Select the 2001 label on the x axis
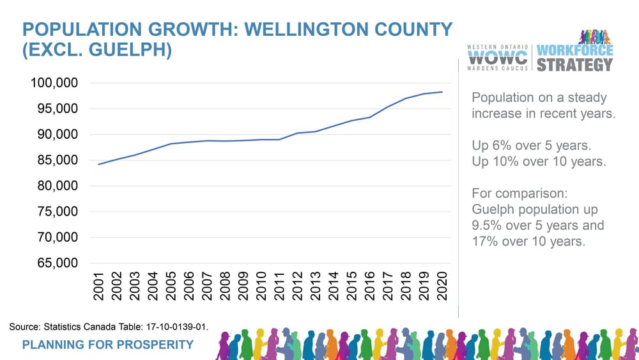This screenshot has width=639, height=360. pyautogui.click(x=98, y=285)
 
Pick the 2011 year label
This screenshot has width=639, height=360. pyautogui.click(x=279, y=285)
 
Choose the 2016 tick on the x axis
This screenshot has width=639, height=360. pyautogui.click(x=370, y=285)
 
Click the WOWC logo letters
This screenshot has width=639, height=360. pyautogui.click(x=498, y=57)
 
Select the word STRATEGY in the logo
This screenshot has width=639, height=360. pyautogui.click(x=574, y=65)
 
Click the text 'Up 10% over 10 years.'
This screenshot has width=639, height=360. pyautogui.click(x=539, y=162)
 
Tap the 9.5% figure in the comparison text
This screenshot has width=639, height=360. pyautogui.click(x=487, y=226)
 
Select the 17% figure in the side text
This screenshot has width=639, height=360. pyautogui.click(x=485, y=242)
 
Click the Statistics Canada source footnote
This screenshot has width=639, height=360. pyautogui.click(x=109, y=327)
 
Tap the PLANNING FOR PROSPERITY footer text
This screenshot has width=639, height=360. pyautogui.click(x=107, y=345)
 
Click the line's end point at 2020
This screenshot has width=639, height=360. pyautogui.click(x=442, y=92)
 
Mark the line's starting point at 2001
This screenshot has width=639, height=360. pyautogui.click(x=98, y=164)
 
